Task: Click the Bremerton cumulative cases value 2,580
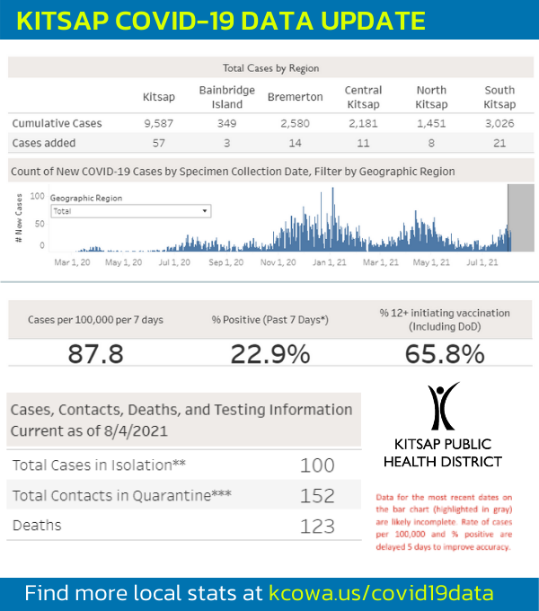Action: point(295,123)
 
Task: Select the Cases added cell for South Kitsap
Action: point(499,143)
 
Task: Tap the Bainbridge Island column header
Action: point(226,97)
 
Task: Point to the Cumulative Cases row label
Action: point(57,123)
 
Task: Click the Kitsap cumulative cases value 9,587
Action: point(158,123)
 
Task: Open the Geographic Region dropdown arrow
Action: point(205,211)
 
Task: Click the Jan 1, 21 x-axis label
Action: point(329,262)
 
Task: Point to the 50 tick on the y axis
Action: point(40,224)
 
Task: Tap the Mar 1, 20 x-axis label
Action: point(72,262)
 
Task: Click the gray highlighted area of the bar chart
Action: point(521,217)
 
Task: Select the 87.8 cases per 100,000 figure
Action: point(96,354)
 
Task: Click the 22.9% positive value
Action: point(270,354)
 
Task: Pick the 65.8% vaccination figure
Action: point(445,354)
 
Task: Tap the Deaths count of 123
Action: point(317,526)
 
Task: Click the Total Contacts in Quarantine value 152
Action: point(317,496)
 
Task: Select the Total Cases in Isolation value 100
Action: point(317,465)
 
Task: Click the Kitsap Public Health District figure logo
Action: point(443,405)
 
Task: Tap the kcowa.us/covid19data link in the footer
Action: point(381,593)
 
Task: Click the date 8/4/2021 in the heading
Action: point(136,431)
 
